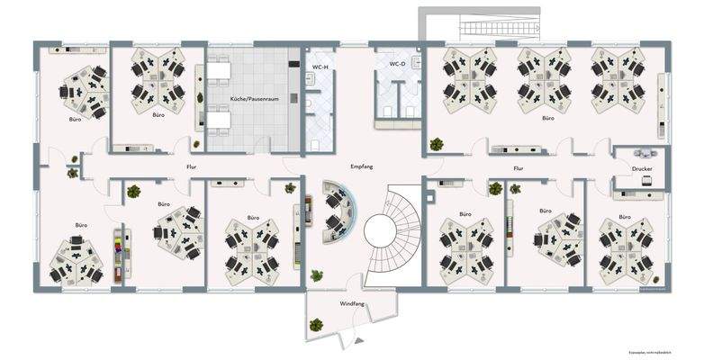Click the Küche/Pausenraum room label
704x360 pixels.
(x=253, y=98)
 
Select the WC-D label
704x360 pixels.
(x=398, y=65)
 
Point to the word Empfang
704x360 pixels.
(x=362, y=167)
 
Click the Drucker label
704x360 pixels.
(x=642, y=168)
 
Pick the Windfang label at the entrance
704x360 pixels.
(x=352, y=304)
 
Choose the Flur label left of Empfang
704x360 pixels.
(x=191, y=167)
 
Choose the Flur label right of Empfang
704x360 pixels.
(x=519, y=167)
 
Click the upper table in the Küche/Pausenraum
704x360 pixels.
(x=221, y=70)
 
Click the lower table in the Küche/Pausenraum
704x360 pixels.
(x=221, y=119)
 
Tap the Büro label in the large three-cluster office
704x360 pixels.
(x=547, y=118)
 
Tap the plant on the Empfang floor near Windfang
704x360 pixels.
(x=316, y=274)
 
